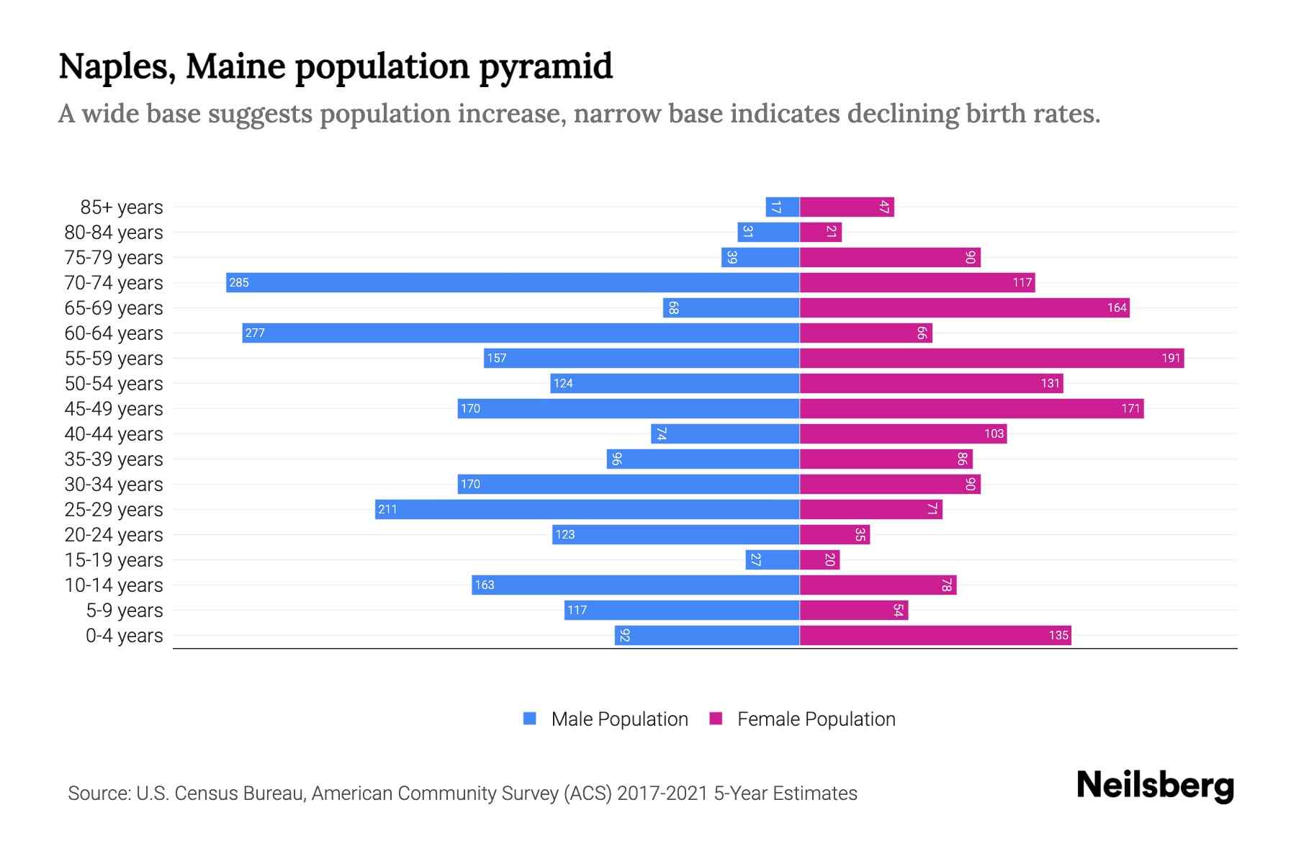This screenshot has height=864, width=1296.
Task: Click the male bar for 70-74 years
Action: (513, 282)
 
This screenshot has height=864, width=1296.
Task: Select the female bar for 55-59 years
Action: (991, 358)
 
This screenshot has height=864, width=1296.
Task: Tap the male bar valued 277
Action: (521, 333)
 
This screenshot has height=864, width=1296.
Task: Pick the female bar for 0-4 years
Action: (935, 635)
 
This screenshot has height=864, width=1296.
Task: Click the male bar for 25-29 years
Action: (587, 509)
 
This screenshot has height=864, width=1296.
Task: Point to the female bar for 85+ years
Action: (847, 207)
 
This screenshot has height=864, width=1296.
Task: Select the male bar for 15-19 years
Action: (773, 559)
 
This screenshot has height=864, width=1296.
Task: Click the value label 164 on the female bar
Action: (1117, 308)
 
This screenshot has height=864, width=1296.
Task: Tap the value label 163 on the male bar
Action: (485, 585)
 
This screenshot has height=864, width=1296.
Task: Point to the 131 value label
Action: (1050, 384)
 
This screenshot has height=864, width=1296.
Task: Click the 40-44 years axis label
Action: (114, 434)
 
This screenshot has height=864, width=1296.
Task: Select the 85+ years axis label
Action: (122, 207)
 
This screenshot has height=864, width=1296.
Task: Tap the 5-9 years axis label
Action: (125, 611)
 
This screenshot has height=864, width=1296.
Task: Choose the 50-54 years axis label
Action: (114, 384)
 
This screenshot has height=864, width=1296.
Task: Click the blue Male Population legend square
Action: (530, 719)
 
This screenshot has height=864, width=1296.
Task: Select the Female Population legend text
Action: (816, 719)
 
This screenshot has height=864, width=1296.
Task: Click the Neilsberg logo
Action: (1155, 786)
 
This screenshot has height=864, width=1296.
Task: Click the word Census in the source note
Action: (206, 793)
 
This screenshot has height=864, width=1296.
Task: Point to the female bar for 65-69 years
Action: (965, 307)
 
